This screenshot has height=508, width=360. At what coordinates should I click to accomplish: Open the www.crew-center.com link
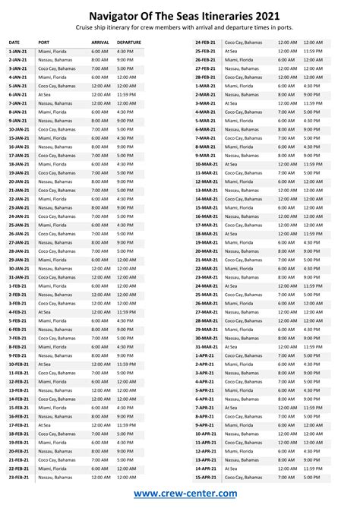coord(180,494)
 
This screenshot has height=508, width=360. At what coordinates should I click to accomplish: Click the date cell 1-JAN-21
coord(18,51)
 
